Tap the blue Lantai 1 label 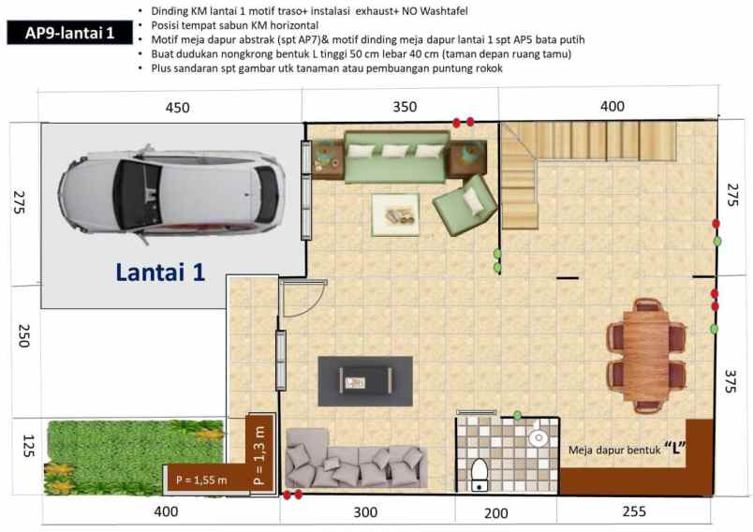pyautogui.click(x=160, y=272)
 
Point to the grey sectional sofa pyautogui.click(x=356, y=459)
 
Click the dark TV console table pyautogui.click(x=365, y=380)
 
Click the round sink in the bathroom pyautogui.click(x=539, y=437)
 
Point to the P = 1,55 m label pyautogui.click(x=201, y=480)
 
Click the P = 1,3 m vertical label pyautogui.click(x=259, y=453)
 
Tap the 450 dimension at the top pyautogui.click(x=177, y=108)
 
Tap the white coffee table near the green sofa pyautogui.click(x=394, y=214)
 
